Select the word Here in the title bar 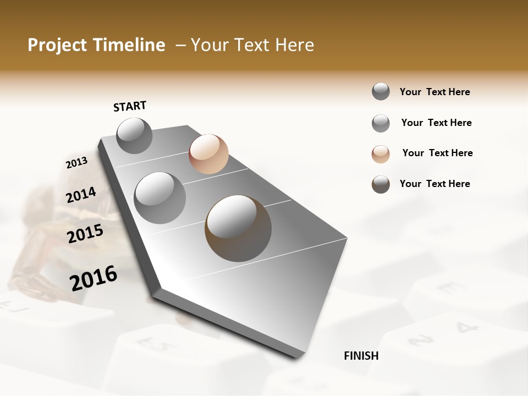tap(294, 45)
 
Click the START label tap(130, 106)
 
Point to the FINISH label tap(361, 356)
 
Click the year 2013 tap(76, 163)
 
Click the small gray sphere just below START tap(135, 136)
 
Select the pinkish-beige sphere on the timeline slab tap(208, 154)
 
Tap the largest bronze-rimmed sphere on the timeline tap(238, 228)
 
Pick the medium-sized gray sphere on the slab tap(160, 198)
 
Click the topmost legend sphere tap(381, 92)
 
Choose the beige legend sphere tap(381, 154)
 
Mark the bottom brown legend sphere tap(381, 184)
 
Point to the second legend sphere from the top tap(381, 123)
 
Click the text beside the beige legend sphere tap(437, 153)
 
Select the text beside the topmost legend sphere tap(435, 92)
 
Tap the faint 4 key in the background tap(466, 328)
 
